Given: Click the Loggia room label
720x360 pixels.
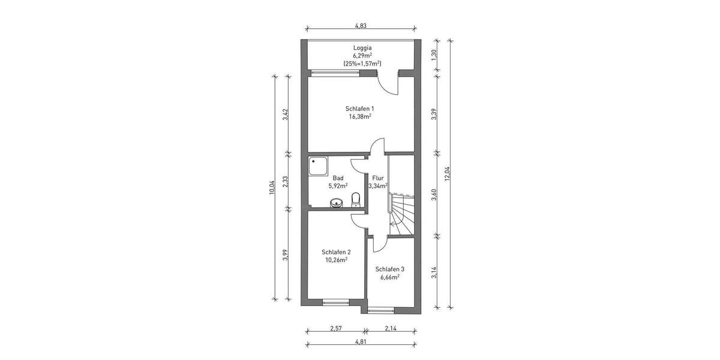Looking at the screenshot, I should (362, 47).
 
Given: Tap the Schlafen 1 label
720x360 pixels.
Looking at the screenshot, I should (360, 109).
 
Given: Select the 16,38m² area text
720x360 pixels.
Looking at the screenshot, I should (360, 117).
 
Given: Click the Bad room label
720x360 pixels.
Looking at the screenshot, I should (338, 178).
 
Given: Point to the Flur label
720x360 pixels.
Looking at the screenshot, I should (378, 178).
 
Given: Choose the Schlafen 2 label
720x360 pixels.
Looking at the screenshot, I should (336, 252).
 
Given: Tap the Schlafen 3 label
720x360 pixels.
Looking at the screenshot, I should (390, 269).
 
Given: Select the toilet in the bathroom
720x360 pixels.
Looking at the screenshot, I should (356, 199).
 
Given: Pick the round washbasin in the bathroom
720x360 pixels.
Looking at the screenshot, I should (336, 203).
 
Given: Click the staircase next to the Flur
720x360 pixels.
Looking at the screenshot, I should (401, 213).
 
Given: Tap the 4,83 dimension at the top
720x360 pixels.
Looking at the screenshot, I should (361, 26).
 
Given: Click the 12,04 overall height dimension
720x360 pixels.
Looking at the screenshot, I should (446, 174).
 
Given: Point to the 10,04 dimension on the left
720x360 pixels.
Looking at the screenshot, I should (271, 188).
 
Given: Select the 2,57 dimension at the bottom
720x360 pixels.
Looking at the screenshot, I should (336, 328).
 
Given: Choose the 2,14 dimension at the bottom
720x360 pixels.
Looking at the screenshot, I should (391, 328).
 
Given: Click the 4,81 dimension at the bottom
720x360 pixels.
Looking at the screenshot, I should (361, 341).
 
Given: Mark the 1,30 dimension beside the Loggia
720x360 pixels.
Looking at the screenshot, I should (434, 55).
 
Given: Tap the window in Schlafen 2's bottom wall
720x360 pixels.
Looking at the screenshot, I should (335, 302).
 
